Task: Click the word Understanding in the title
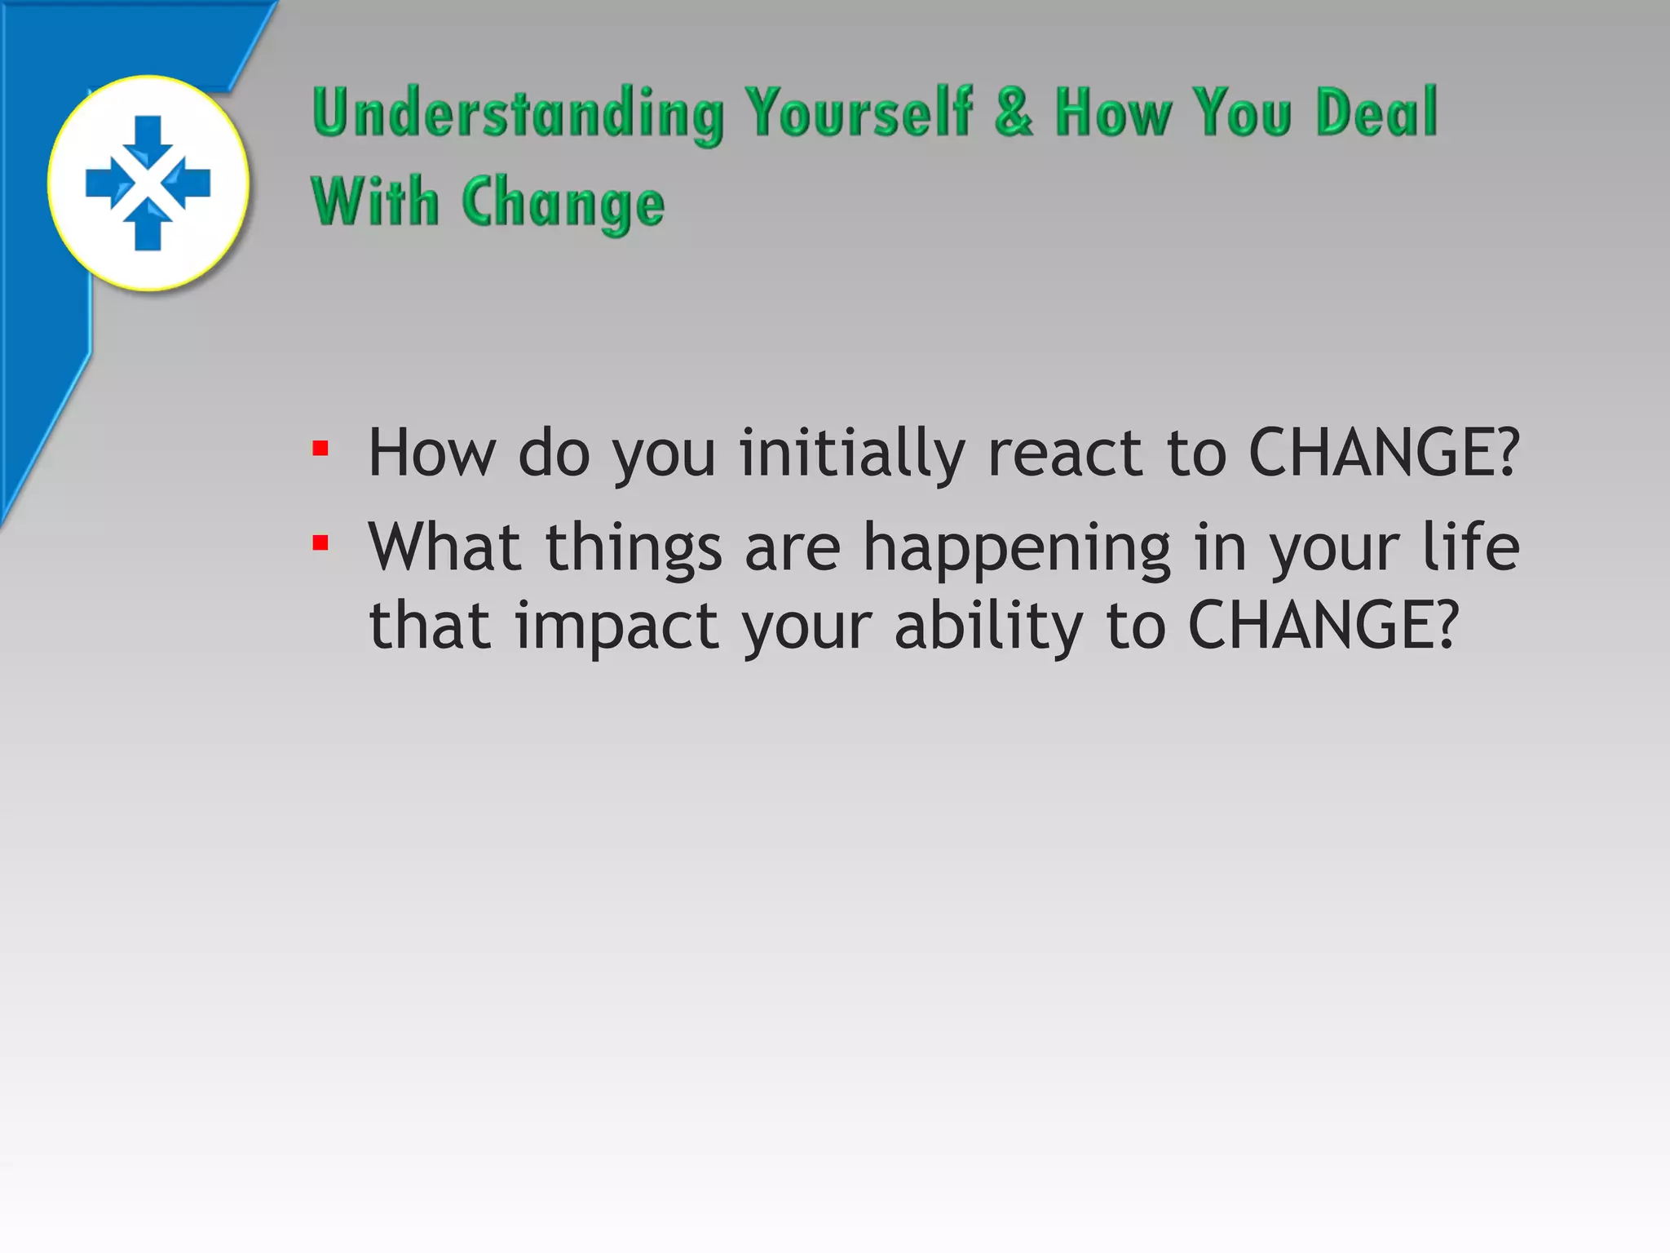[x=517, y=114]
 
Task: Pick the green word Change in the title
[x=563, y=204]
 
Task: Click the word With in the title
[x=375, y=202]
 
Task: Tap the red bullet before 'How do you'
[x=320, y=449]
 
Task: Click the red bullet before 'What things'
[x=320, y=543]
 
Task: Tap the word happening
[x=1017, y=548]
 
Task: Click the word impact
[x=617, y=626]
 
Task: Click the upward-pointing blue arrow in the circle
[x=148, y=225]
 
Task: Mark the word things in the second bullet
[x=634, y=548]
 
